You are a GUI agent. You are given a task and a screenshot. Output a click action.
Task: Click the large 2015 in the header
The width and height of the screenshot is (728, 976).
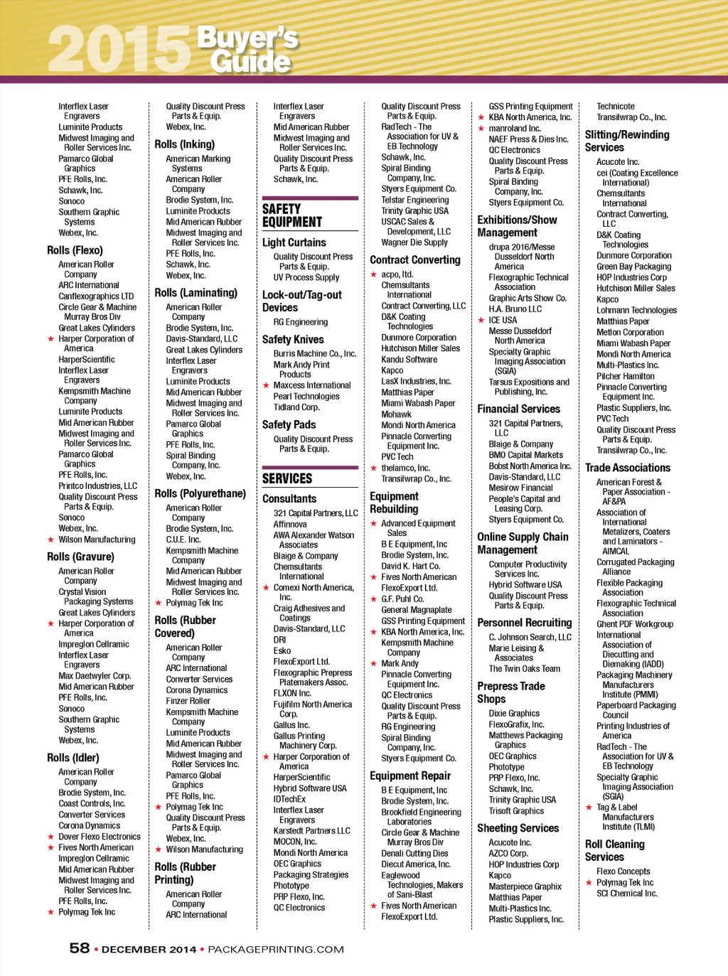click(x=119, y=48)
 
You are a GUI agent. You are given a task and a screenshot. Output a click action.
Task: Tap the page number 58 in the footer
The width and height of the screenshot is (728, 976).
click(x=79, y=948)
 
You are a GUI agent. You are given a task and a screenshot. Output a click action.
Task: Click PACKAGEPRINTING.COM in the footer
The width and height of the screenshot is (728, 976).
click(x=276, y=950)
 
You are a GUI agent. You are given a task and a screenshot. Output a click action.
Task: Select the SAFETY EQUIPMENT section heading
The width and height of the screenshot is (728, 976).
click(x=292, y=215)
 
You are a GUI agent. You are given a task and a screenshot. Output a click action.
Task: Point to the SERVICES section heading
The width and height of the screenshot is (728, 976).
click(x=287, y=478)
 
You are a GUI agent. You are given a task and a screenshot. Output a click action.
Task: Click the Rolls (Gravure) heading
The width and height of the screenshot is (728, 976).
click(x=80, y=557)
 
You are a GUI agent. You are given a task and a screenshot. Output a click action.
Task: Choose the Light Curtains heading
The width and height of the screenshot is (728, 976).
click(x=294, y=242)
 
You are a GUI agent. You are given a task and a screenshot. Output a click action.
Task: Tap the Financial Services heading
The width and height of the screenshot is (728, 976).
click(x=518, y=409)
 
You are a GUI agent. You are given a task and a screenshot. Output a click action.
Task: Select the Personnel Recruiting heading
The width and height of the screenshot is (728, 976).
click(x=524, y=623)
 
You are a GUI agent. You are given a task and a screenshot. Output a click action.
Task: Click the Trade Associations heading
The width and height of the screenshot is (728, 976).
click(x=627, y=468)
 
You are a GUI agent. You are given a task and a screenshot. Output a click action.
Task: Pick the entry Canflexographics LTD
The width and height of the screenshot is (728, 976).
click(x=96, y=296)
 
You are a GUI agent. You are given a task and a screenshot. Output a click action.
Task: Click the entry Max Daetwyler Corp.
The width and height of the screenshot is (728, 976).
click(x=95, y=676)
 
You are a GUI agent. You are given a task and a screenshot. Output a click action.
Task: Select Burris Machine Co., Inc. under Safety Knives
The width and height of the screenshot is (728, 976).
click(x=314, y=354)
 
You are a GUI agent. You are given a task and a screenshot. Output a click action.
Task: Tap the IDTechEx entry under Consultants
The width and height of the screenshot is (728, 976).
click(x=289, y=799)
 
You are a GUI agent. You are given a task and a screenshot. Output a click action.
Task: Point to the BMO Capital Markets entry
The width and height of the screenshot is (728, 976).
click(x=525, y=455)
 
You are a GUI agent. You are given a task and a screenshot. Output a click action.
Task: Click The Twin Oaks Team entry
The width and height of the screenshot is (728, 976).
click(x=524, y=669)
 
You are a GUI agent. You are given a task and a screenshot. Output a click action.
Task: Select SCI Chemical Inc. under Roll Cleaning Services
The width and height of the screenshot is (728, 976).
click(x=626, y=894)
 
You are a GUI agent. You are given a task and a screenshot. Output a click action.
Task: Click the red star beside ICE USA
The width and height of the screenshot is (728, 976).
click(x=481, y=321)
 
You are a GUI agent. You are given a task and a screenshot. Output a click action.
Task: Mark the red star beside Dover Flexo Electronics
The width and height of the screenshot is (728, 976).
click(x=50, y=837)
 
